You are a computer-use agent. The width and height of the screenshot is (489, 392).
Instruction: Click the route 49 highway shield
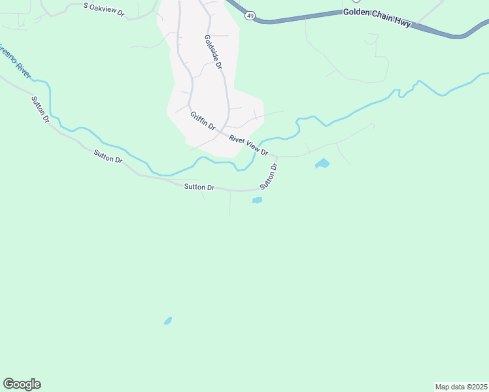pyautogui.click(x=250, y=14)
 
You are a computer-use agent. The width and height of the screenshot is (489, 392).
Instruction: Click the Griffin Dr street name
pyautogui.click(x=203, y=121)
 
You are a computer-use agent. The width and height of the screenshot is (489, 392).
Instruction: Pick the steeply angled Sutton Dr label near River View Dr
pyautogui.click(x=269, y=176)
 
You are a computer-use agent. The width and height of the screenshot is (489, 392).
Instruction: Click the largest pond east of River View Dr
pyautogui.click(x=322, y=163)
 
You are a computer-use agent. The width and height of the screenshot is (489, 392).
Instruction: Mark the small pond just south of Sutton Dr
pyautogui.click(x=257, y=201)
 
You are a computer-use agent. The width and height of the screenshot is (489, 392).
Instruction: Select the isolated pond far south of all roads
pyautogui.click(x=168, y=321)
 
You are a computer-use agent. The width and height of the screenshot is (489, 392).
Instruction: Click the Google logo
pyautogui.click(x=22, y=384)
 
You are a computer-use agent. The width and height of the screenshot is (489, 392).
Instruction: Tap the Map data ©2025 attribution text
pyautogui.click(x=460, y=387)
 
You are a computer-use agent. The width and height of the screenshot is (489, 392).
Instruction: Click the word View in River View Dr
pyautogui.click(x=251, y=146)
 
